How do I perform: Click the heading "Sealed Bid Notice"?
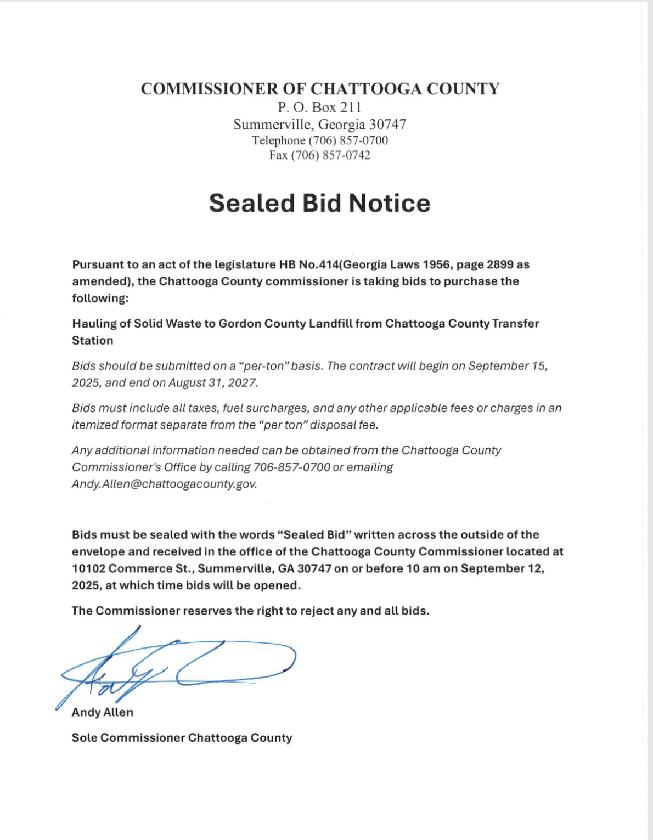pos(319,204)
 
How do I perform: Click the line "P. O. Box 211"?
pos(319,107)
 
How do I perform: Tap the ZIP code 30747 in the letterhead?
pos(387,125)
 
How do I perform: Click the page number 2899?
pos(499,264)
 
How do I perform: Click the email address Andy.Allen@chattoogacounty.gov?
pos(164,484)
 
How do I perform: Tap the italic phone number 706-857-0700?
pos(291,467)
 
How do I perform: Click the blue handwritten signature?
pos(176,667)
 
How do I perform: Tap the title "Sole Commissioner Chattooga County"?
pos(182,738)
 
